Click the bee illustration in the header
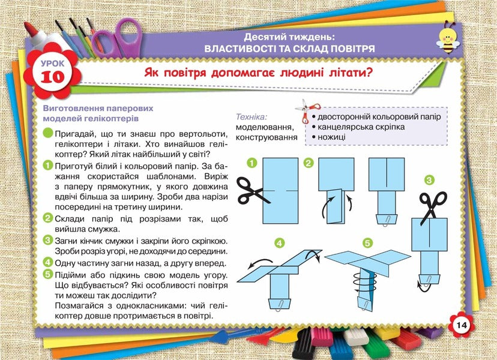point(451,40)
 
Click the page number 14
point(461,325)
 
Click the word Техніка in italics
point(251,116)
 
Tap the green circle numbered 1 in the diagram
point(252,163)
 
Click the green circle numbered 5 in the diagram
point(367,243)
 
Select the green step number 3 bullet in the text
point(47,240)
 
